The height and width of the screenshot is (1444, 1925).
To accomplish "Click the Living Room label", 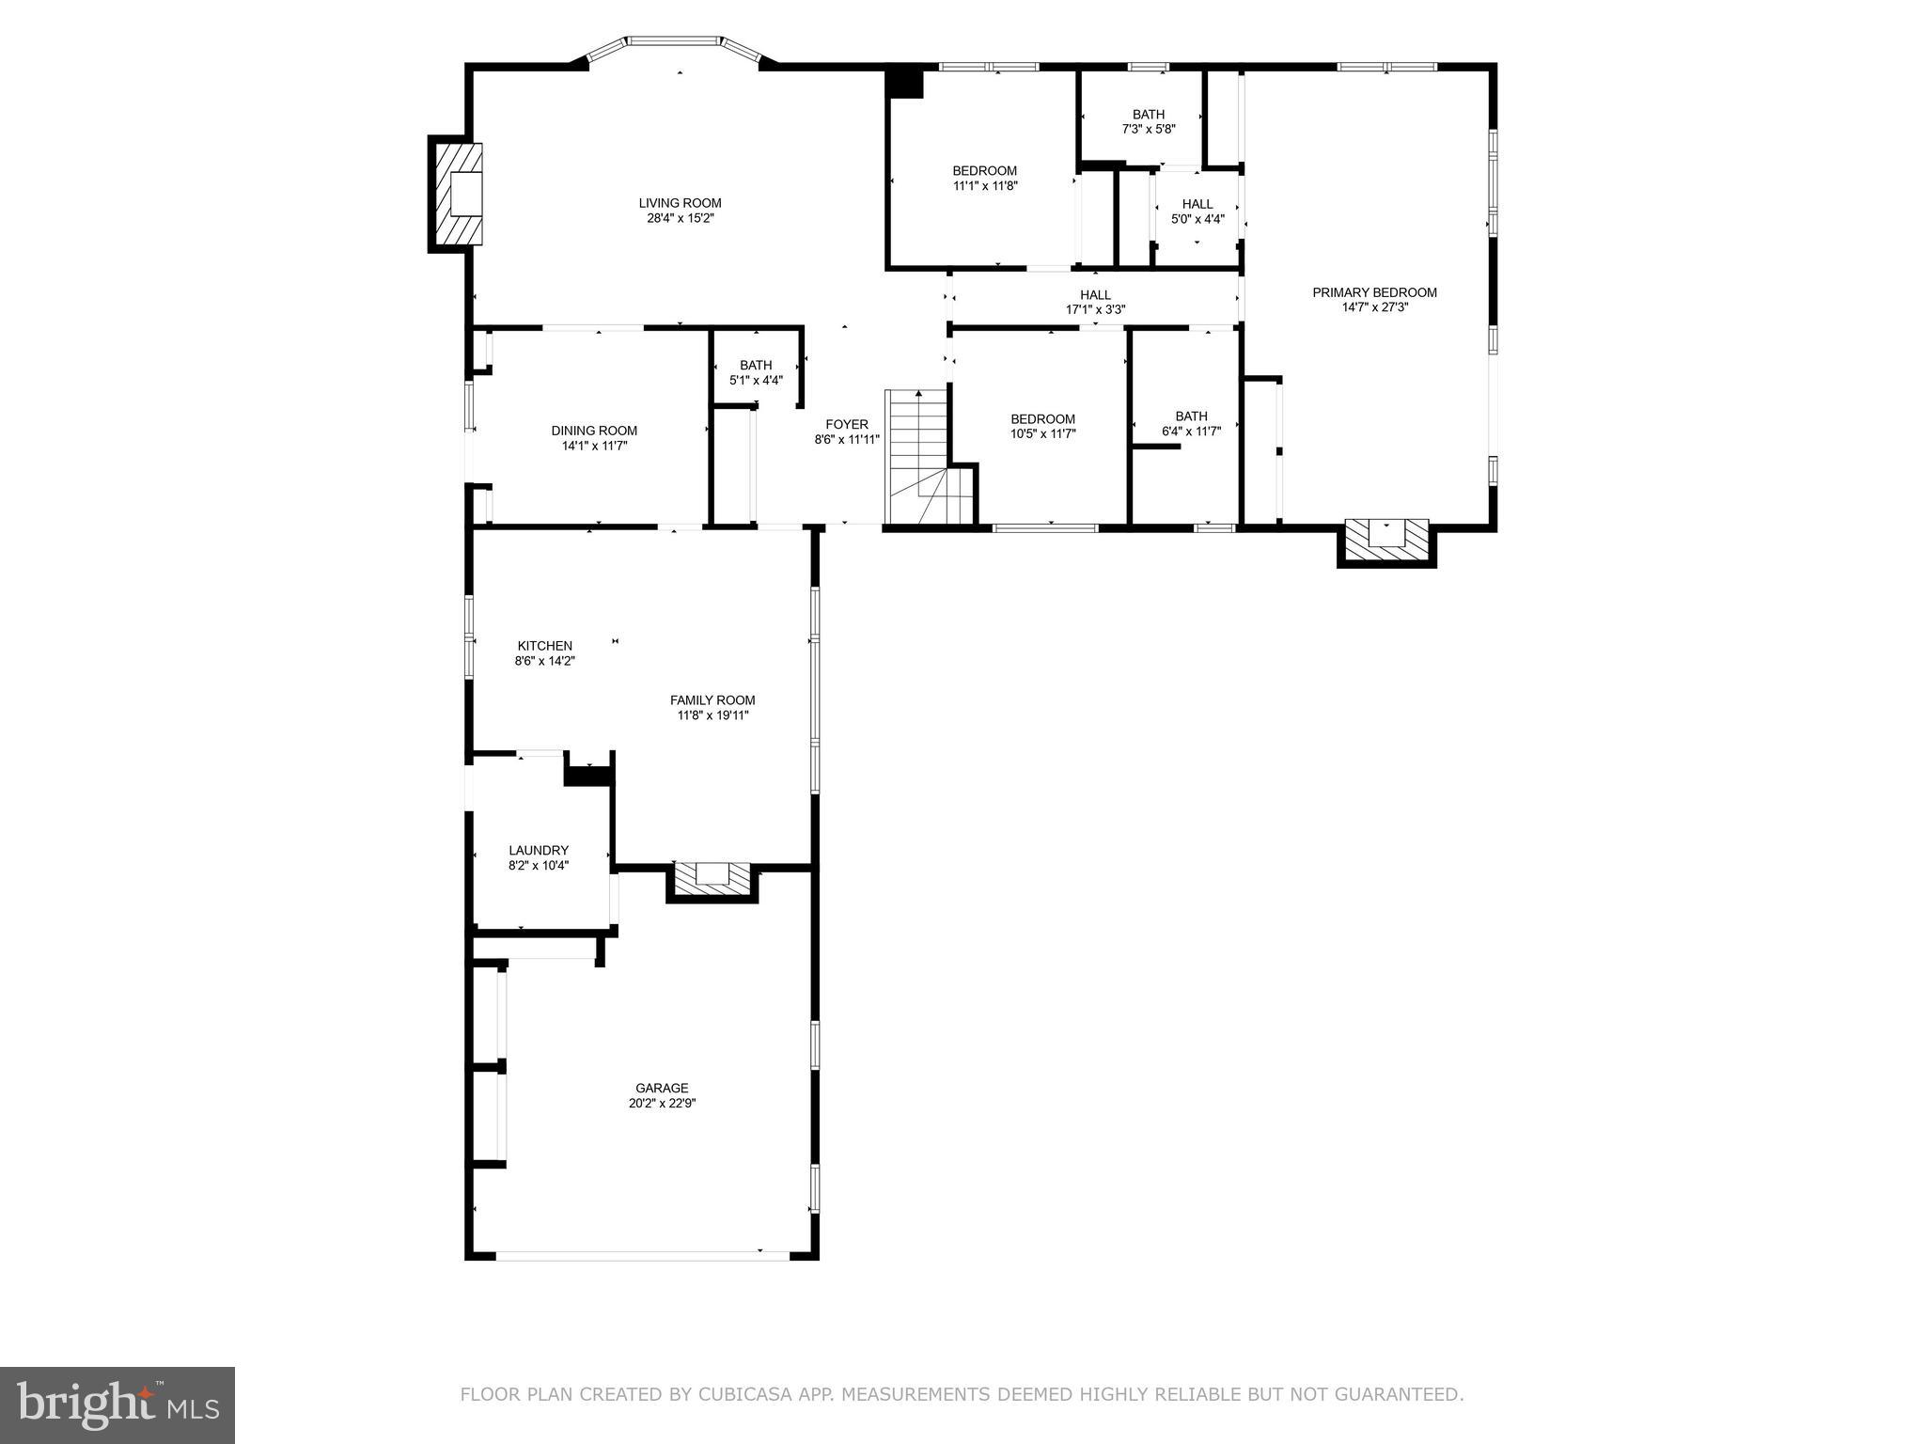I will click(x=680, y=203).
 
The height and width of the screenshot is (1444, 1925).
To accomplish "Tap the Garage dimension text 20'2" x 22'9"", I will click(x=663, y=1104).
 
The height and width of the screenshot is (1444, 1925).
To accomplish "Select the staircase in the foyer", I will click(x=921, y=456).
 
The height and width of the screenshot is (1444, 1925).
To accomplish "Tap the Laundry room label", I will click(x=539, y=850).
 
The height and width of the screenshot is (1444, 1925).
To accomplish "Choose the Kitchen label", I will click(x=544, y=646).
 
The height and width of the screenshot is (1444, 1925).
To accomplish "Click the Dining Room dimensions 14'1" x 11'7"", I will click(x=594, y=446).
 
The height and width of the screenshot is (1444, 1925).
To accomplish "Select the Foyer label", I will click(x=847, y=424).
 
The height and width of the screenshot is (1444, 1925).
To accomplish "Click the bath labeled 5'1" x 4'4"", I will click(x=756, y=372).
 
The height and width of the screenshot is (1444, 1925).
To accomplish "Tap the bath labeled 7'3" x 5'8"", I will click(x=1149, y=121).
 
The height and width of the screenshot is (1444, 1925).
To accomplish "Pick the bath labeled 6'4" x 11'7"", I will click(x=1191, y=423).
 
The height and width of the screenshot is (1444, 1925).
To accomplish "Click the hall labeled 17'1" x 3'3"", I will click(x=1095, y=302).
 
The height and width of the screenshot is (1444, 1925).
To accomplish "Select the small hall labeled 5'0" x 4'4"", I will click(x=1197, y=211).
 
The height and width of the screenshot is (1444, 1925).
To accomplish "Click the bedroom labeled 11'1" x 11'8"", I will click(x=984, y=178).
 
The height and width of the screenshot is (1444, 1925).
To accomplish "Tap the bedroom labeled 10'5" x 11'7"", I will click(x=1042, y=426).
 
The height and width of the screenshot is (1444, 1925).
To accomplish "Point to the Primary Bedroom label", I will click(x=1374, y=292).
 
